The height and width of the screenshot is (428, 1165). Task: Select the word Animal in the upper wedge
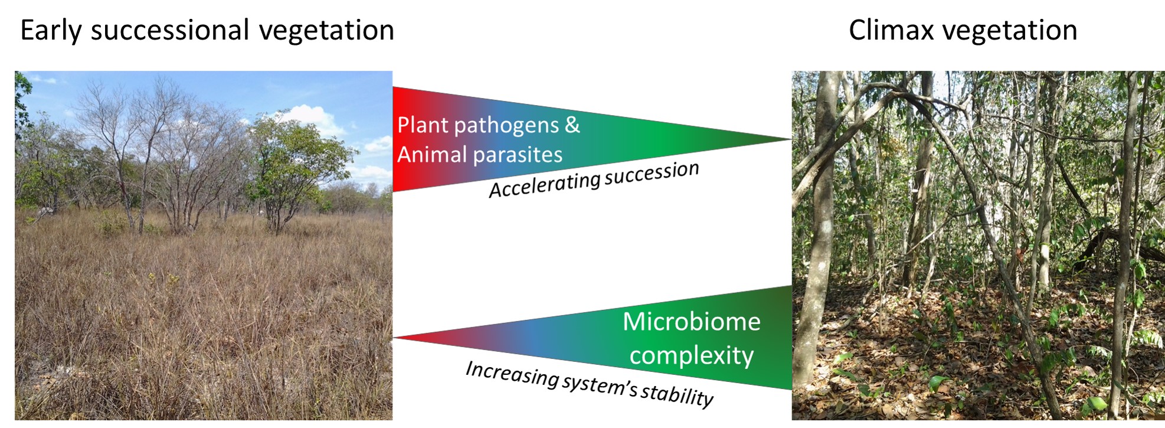pos(431,155)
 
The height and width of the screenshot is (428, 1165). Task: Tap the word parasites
pos(518,155)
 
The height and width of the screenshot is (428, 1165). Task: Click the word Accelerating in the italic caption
pos(544,185)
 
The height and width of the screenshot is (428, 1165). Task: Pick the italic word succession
pos(652,172)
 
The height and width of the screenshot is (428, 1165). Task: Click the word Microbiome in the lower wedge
pos(691,322)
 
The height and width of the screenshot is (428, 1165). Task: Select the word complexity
pos(691,356)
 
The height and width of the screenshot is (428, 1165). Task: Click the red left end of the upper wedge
pos(404,139)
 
